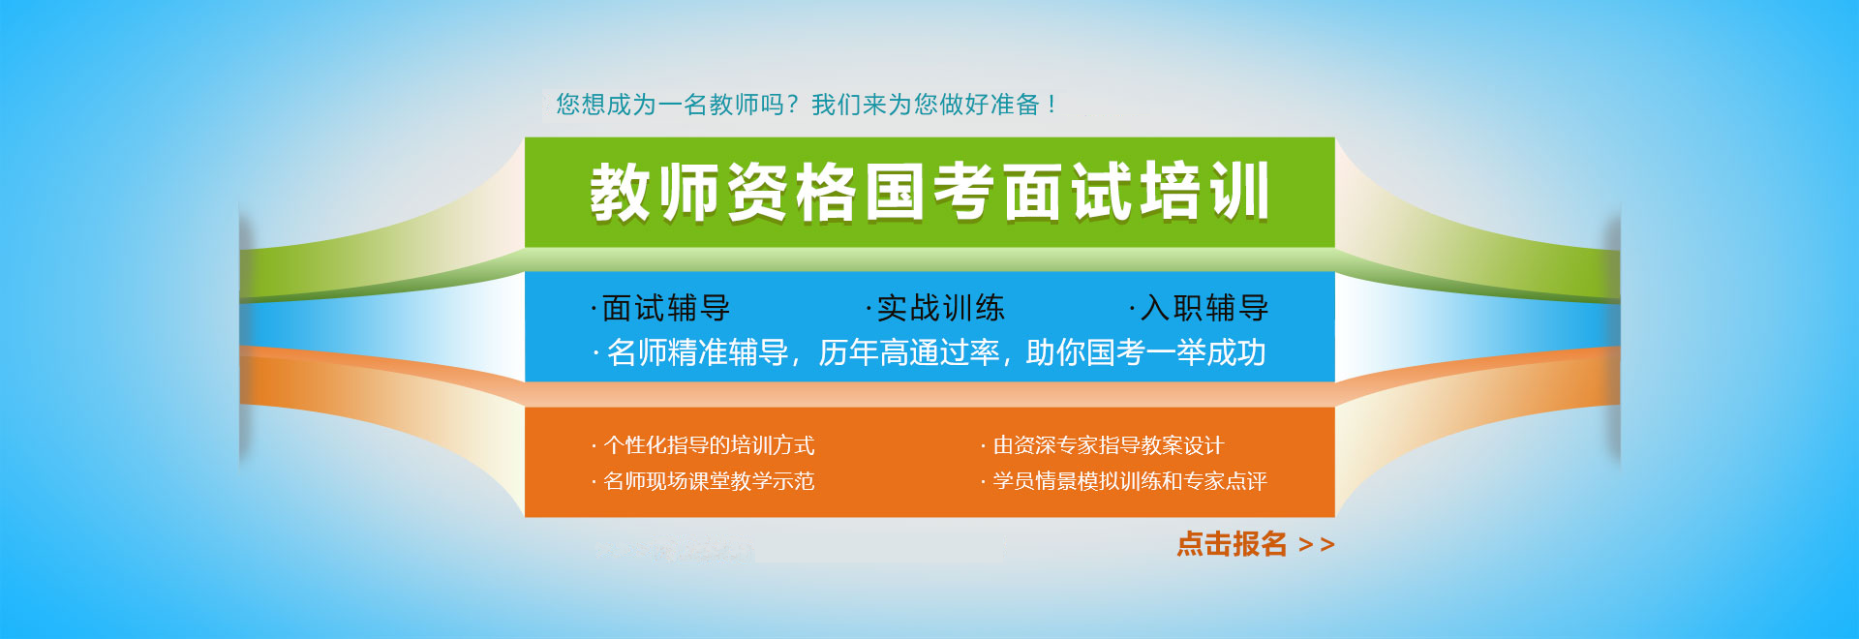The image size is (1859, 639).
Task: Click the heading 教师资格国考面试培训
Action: pyautogui.click(x=929, y=192)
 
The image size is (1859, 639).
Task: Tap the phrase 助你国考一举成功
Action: pyautogui.click(x=1146, y=352)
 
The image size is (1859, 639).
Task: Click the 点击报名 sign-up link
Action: pyautogui.click(x=1232, y=544)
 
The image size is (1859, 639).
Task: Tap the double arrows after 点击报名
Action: pyautogui.click(x=1317, y=545)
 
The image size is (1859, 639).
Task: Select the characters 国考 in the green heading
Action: pyautogui.click(x=929, y=192)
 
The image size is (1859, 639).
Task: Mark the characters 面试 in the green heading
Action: pyautogui.click(x=1067, y=192)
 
